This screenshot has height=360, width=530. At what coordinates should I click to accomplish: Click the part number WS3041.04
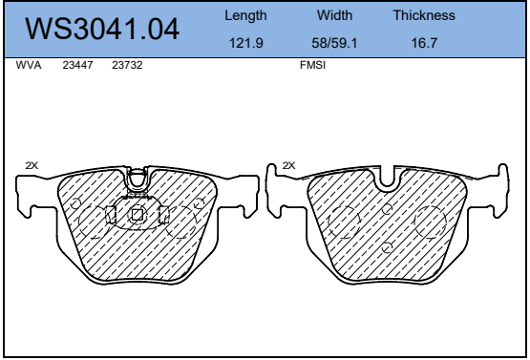102,29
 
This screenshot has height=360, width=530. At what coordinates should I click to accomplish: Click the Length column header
245,16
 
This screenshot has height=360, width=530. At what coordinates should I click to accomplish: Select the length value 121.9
246,43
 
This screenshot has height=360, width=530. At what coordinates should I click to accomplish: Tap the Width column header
334,15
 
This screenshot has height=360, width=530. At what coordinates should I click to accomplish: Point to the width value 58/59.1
334,43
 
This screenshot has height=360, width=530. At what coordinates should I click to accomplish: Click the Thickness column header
424,15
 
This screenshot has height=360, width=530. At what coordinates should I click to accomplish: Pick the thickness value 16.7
424,43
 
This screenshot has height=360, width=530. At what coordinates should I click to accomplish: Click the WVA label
29,65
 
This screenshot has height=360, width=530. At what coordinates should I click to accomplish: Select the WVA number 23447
77,65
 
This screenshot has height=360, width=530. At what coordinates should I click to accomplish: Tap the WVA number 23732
127,65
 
